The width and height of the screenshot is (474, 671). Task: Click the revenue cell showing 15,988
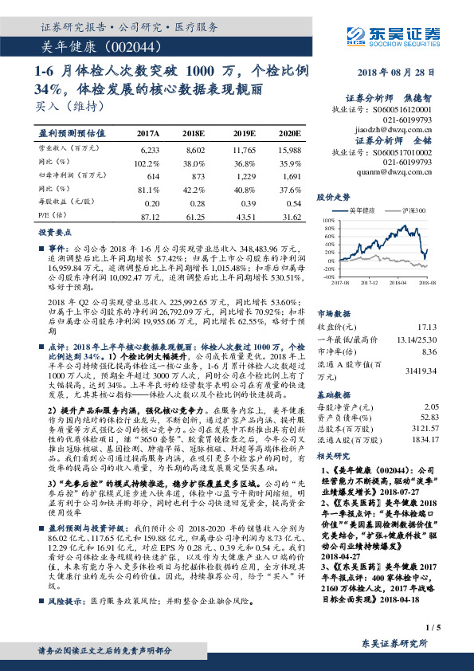pos(288,149)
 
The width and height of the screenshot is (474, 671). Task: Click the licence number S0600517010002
pos(402,149)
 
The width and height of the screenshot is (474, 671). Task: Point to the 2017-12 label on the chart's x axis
pos(369,281)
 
